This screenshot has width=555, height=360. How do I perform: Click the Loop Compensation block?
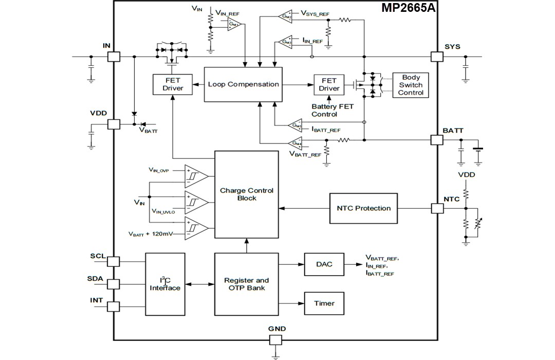244,84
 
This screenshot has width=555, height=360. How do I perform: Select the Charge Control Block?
247,194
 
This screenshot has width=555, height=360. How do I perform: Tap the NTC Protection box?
363,208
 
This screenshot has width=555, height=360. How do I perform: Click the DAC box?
324,264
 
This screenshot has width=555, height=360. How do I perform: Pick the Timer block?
324,303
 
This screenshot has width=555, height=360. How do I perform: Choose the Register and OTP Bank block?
247,284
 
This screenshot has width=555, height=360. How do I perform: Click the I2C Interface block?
165,284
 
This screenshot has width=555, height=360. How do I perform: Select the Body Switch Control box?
411,85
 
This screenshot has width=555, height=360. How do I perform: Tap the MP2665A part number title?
408,8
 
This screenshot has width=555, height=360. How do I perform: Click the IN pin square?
114,57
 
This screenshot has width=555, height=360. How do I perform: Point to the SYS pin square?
436,57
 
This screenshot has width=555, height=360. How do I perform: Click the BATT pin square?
436,140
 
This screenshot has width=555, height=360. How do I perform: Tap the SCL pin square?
114,261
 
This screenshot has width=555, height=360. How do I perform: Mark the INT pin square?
114,307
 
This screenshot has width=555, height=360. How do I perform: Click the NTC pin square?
436,208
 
